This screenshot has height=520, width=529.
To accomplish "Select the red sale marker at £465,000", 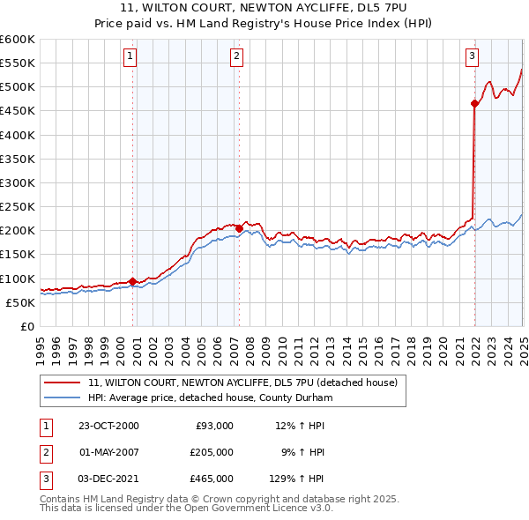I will tap(474, 104).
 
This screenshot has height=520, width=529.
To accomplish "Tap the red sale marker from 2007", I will tap(239, 227).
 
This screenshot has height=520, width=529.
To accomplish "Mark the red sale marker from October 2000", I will tap(133, 281).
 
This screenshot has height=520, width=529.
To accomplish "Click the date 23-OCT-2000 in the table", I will tap(109, 426).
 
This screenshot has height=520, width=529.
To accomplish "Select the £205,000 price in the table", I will tap(212, 452).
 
